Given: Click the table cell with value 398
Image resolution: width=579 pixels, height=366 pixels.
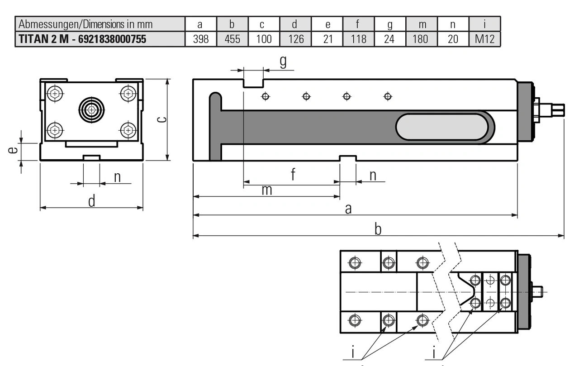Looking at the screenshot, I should click(x=201, y=39).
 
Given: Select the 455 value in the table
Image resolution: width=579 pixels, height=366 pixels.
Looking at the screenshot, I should click(x=233, y=39).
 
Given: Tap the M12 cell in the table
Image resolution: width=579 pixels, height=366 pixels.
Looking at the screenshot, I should click(x=485, y=39).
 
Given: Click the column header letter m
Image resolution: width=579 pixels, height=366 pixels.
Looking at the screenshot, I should click(x=421, y=24).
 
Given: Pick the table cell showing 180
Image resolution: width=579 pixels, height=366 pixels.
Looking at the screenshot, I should click(x=421, y=39).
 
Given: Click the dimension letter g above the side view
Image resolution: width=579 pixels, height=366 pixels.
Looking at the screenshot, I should click(x=283, y=62).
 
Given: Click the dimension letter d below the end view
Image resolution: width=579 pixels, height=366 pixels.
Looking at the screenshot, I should click(x=92, y=201).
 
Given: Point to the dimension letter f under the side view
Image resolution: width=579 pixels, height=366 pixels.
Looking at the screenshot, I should click(x=293, y=174).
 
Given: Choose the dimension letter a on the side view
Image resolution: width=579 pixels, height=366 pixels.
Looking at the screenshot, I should click(x=348, y=209).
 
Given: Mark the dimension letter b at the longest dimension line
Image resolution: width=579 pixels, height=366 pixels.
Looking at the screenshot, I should click(x=378, y=229).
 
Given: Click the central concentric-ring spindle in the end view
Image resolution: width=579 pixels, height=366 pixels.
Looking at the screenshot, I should click(x=91, y=109).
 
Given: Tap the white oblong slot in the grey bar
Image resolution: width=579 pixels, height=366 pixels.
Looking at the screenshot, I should click(x=441, y=127).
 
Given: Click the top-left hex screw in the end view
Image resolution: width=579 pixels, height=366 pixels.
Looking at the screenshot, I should click(x=55, y=94).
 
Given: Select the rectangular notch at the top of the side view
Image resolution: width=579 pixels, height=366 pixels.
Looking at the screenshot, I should click(x=253, y=83).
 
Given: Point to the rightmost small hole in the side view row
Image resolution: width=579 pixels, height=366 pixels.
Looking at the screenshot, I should click(x=387, y=96).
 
